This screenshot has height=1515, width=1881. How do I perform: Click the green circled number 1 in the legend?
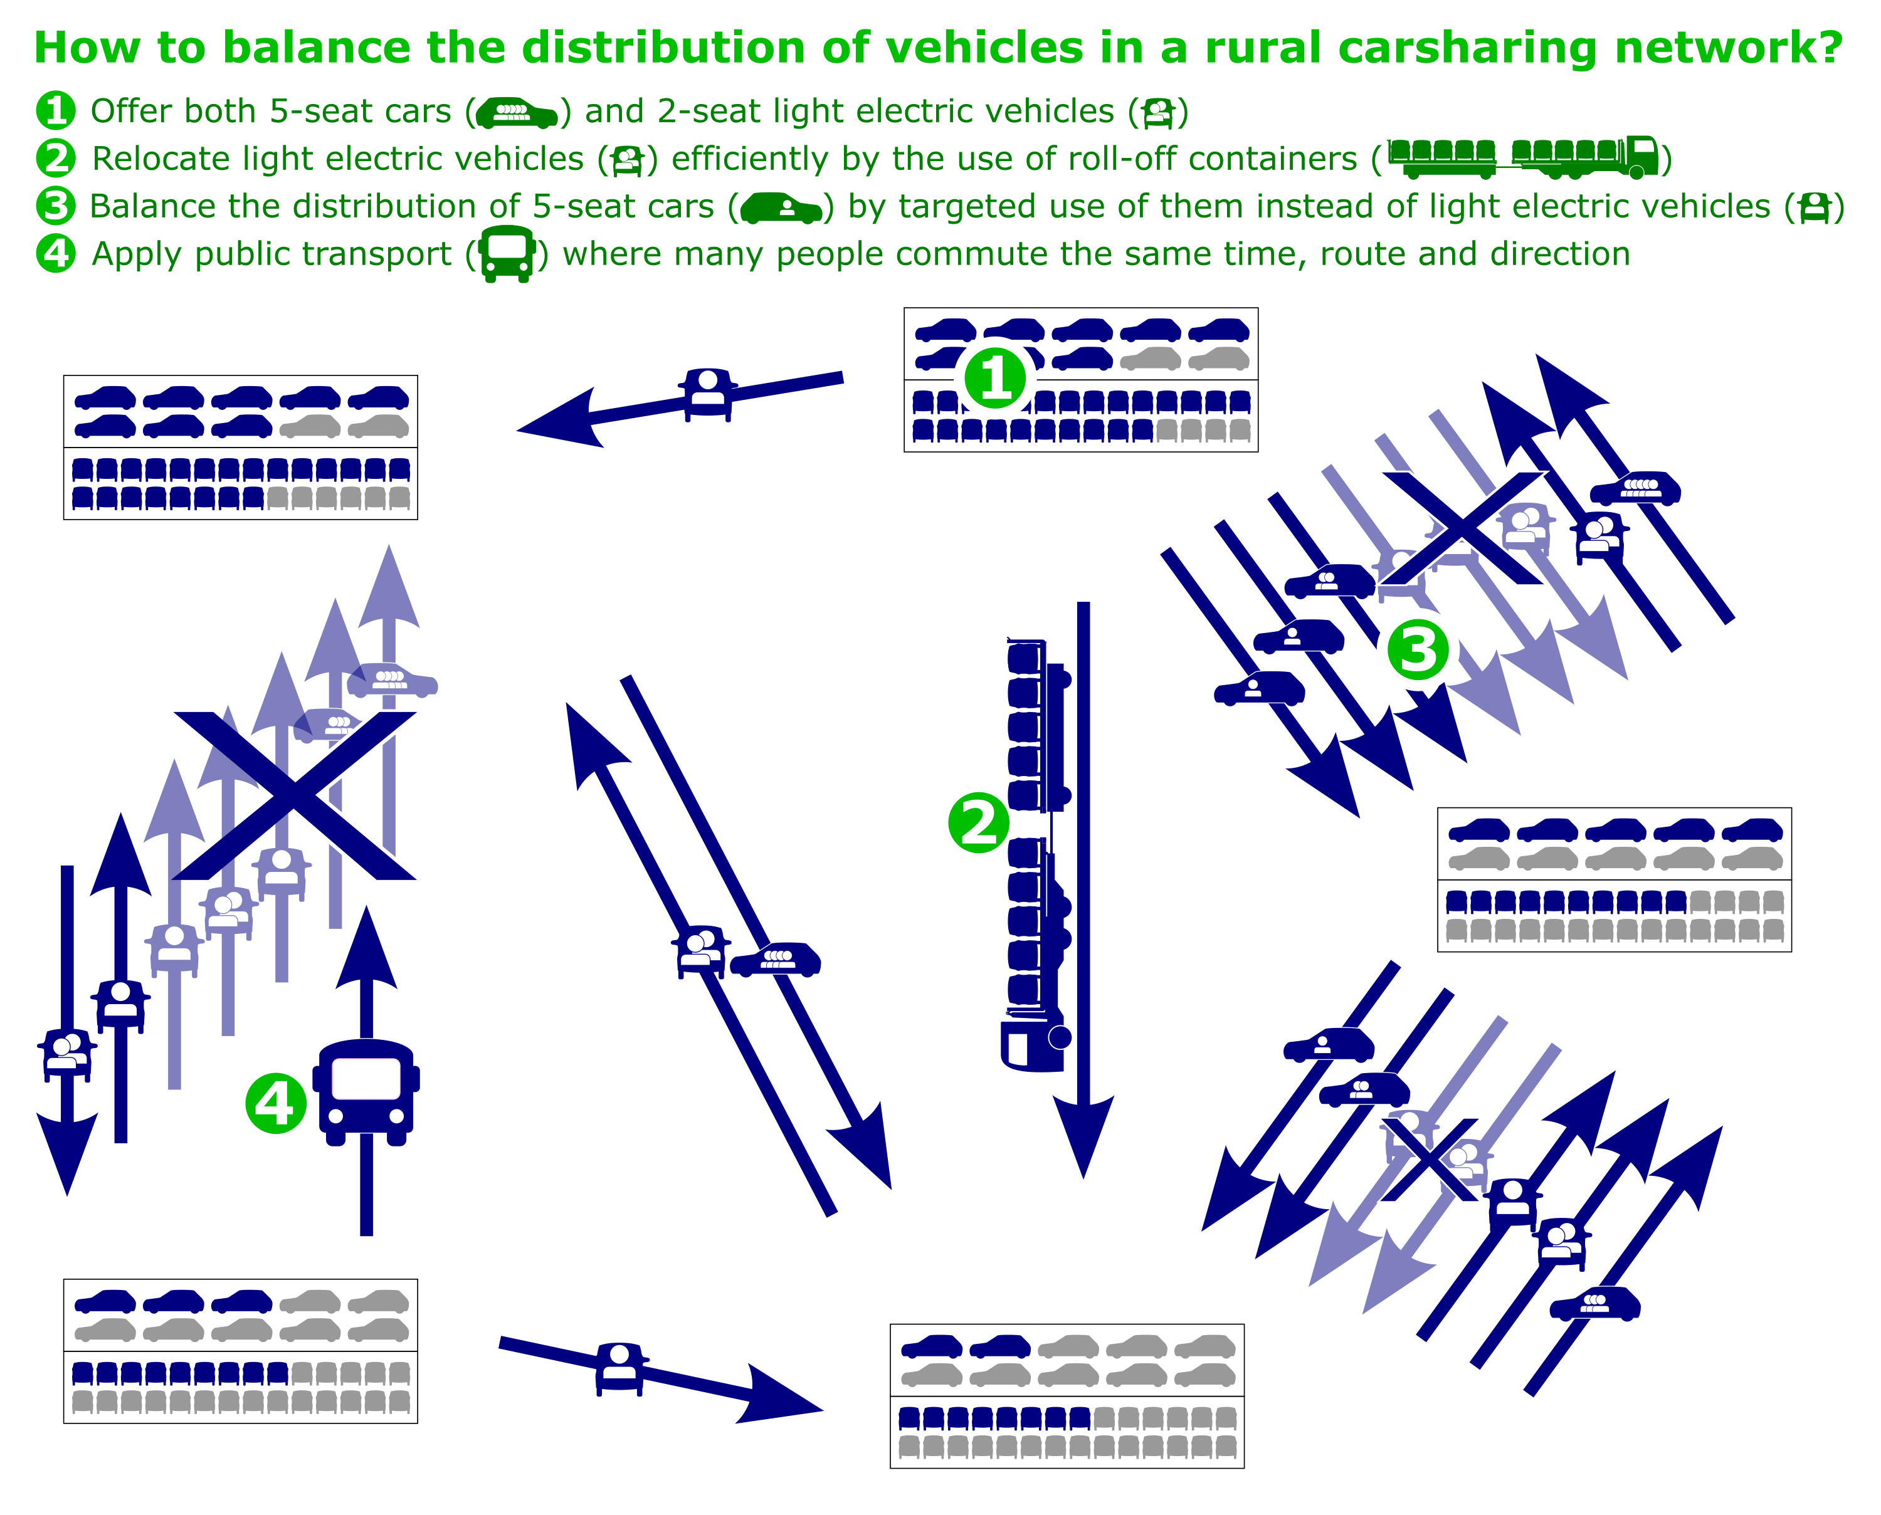[x=55, y=111]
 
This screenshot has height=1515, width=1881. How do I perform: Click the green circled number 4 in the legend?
[x=55, y=253]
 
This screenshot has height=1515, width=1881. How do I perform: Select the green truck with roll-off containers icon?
[x=1523, y=157]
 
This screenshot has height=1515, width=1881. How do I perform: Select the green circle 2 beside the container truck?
[x=979, y=822]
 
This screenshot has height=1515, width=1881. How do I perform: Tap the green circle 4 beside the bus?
[x=276, y=1103]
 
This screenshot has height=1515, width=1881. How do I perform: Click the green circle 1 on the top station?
[x=995, y=378]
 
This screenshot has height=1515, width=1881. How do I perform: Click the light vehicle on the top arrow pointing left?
[x=708, y=394]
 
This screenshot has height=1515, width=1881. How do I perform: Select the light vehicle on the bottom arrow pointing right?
[x=621, y=1368]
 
